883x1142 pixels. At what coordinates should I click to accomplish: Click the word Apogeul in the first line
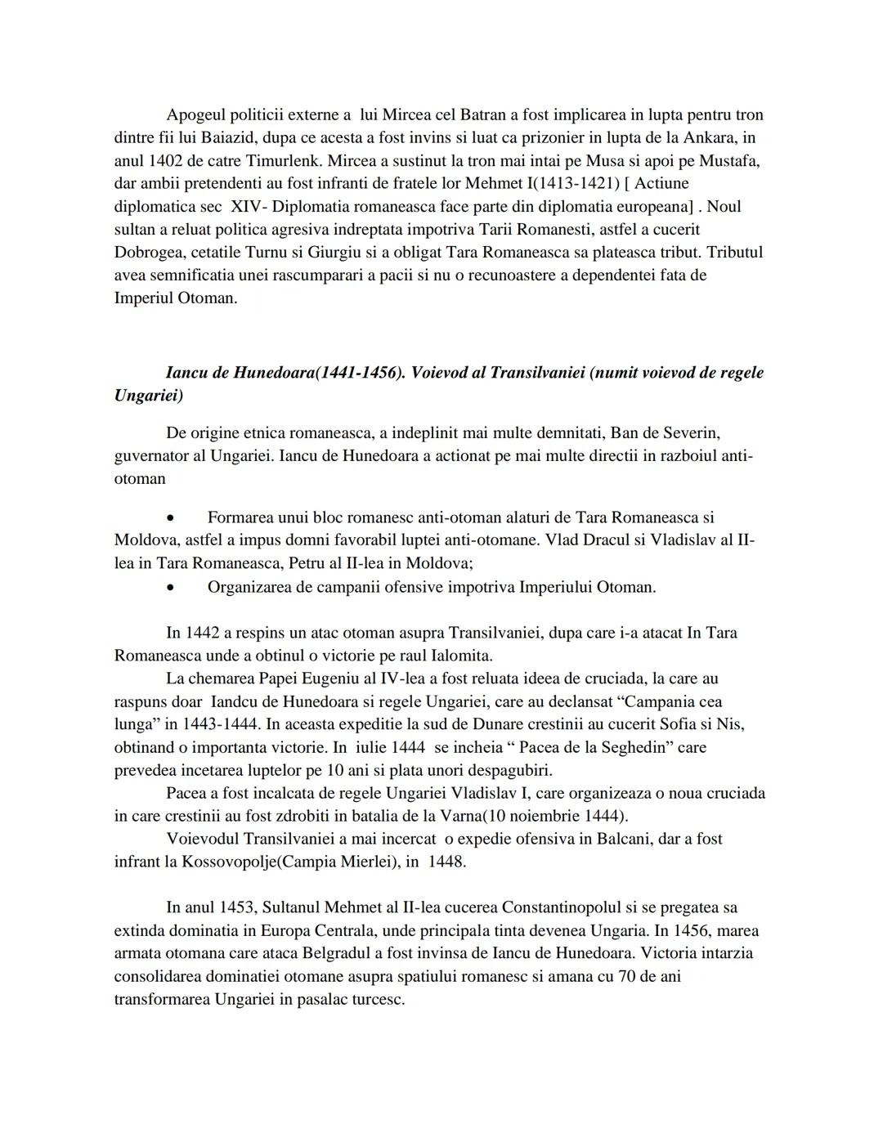pos(194,115)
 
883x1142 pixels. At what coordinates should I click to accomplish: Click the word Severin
pos(689,432)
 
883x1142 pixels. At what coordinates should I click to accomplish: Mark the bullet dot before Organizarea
pos(170,588)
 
